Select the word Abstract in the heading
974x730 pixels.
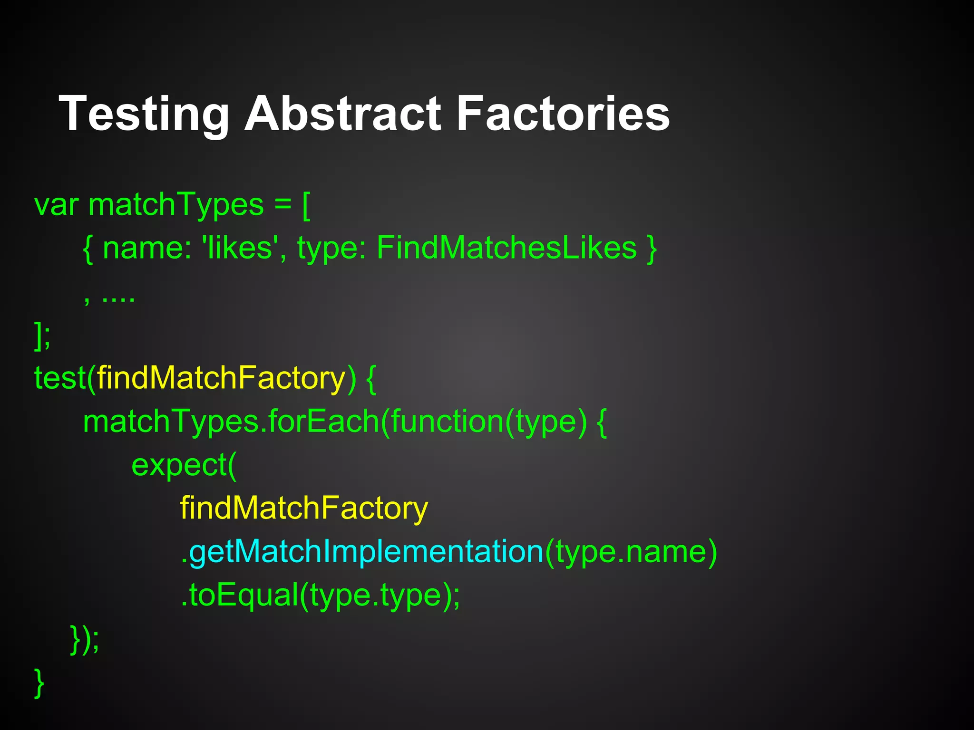[x=342, y=114]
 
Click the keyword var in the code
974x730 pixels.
[x=56, y=205]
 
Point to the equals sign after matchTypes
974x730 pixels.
[x=282, y=205]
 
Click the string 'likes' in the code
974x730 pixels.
[x=240, y=248]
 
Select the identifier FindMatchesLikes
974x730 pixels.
[x=506, y=248]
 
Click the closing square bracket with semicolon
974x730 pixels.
[x=42, y=336]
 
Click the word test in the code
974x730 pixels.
[x=59, y=379]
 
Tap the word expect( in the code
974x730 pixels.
[x=184, y=465]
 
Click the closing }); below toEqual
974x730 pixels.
[x=85, y=640]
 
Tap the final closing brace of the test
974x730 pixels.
[x=39, y=683]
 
